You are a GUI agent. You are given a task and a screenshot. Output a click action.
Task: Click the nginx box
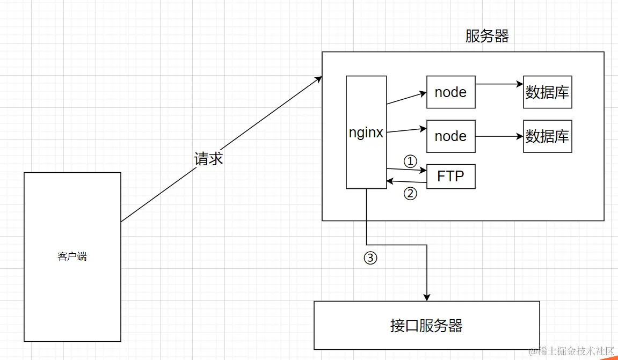(366, 133)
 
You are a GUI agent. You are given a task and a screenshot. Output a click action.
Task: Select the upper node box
(450, 92)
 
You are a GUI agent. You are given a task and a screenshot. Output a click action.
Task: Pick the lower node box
(450, 136)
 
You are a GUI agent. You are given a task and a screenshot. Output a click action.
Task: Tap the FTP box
(450, 176)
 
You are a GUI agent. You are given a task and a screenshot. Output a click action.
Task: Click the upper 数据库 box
(547, 92)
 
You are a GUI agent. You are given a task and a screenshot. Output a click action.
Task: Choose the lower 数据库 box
(547, 136)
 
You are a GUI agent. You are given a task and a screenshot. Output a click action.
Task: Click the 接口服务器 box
(426, 325)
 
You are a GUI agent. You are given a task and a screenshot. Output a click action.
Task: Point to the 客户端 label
(72, 257)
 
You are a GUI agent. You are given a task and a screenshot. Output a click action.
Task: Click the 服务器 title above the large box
(486, 36)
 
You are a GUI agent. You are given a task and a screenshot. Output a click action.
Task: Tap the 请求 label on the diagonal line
(208, 159)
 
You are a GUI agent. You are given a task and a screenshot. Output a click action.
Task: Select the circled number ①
(410, 160)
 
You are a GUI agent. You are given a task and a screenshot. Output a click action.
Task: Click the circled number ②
(410, 194)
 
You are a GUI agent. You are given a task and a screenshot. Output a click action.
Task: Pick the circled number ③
(370, 258)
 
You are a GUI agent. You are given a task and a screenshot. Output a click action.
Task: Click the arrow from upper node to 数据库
(499, 84)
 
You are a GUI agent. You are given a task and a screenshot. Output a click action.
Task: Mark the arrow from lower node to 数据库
(499, 136)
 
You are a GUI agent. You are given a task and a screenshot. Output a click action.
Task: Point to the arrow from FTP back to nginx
(406, 182)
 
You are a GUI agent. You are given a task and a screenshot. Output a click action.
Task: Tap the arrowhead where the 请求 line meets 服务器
(318, 79)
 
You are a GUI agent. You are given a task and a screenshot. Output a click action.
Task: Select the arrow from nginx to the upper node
(406, 98)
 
